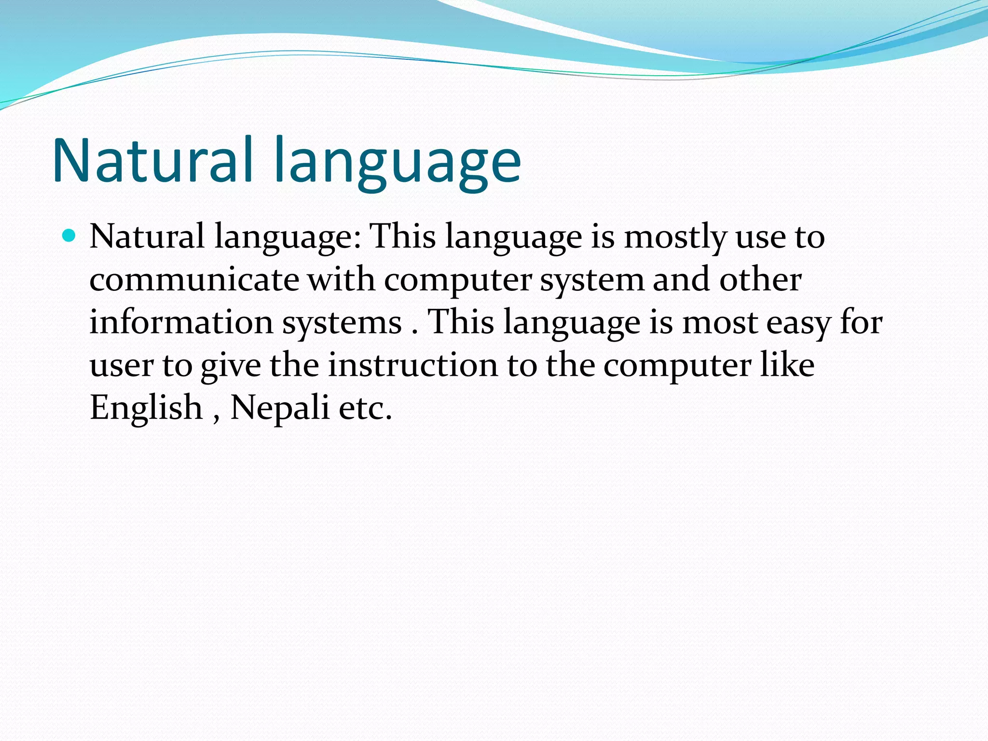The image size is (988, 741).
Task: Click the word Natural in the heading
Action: coord(152,160)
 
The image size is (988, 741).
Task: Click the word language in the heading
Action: coord(398,164)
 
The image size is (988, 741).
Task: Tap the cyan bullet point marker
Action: coord(69,236)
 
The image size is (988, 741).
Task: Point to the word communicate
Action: coord(194,280)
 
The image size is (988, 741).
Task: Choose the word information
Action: coord(181,322)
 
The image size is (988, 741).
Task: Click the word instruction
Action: coord(413,365)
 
